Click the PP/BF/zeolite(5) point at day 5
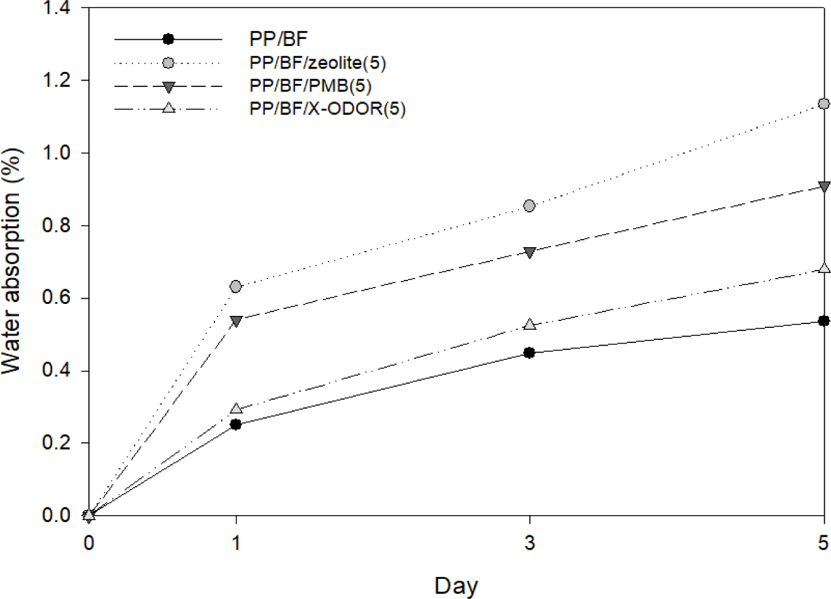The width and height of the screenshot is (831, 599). (x=823, y=103)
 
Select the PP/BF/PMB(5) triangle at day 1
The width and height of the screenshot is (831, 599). (x=236, y=321)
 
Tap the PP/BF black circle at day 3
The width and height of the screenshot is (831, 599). (x=530, y=352)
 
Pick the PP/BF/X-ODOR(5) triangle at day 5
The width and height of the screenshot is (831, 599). (x=823, y=269)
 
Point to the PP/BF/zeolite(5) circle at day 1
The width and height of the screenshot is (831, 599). (x=236, y=286)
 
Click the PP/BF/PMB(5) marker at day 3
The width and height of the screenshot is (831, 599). (x=530, y=252)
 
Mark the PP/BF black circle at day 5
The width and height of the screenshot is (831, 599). (x=823, y=321)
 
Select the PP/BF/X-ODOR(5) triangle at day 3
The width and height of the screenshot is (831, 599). (x=530, y=325)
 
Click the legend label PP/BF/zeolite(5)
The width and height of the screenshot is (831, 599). (x=318, y=63)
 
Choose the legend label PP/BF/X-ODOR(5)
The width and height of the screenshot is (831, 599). (x=327, y=108)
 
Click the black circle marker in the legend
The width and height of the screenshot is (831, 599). (x=168, y=39)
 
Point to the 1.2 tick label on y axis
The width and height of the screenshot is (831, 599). (x=55, y=81)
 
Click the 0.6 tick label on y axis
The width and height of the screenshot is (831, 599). (x=55, y=298)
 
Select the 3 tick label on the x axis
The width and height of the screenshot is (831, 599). (x=530, y=542)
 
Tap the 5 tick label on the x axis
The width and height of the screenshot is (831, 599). (x=823, y=542)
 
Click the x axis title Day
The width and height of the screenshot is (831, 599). (x=456, y=585)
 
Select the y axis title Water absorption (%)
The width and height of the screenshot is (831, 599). (x=14, y=262)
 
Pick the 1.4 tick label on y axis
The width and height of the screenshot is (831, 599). (x=55, y=9)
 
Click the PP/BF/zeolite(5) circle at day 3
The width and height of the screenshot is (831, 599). (x=530, y=206)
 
